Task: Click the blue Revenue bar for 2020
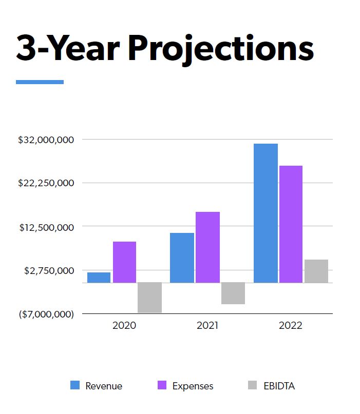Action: coord(99,277)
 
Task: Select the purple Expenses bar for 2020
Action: coord(124,262)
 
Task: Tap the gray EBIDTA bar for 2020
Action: coord(149,297)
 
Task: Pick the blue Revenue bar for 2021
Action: coord(182,258)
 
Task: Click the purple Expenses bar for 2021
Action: coord(207,247)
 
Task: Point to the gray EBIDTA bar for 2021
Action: coord(233,293)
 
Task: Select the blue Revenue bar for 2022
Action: coord(266,213)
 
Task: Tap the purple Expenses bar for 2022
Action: coord(291,224)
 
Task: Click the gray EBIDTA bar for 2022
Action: coord(316,271)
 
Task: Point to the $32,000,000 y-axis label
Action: coord(46,140)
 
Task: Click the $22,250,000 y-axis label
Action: coord(46,183)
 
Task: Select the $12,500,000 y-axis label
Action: coord(46,227)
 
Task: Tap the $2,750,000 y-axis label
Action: coord(49,270)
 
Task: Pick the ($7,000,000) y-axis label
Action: coord(46,314)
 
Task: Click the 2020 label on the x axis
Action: coord(124,325)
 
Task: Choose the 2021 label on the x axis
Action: coord(207,325)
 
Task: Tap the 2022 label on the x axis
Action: coord(291,325)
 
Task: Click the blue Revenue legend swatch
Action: coord(75,385)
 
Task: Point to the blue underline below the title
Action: coord(40,82)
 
